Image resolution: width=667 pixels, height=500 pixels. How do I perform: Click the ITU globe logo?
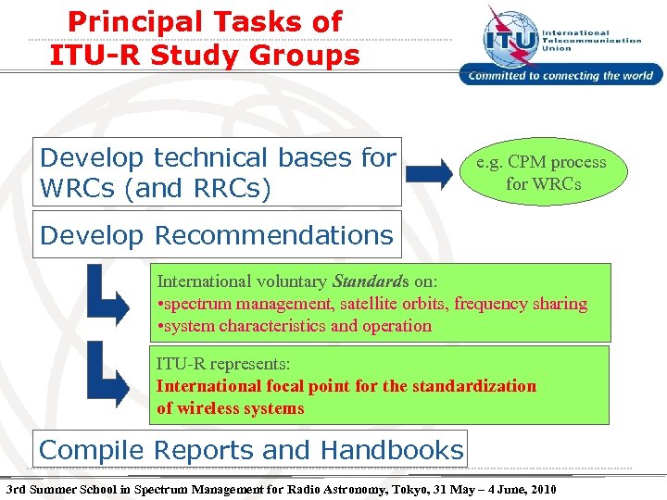[x=509, y=36]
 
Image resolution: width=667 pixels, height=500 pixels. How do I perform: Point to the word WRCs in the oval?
[x=557, y=183]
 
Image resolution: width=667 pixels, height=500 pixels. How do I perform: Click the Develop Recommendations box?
[x=217, y=235]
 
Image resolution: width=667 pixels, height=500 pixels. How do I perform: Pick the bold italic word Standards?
[x=367, y=281]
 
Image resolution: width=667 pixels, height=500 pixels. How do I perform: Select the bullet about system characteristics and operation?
[x=295, y=325]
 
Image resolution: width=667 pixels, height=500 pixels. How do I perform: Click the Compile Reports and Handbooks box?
[x=250, y=450]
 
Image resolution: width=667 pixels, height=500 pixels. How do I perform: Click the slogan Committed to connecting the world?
[x=560, y=76]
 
